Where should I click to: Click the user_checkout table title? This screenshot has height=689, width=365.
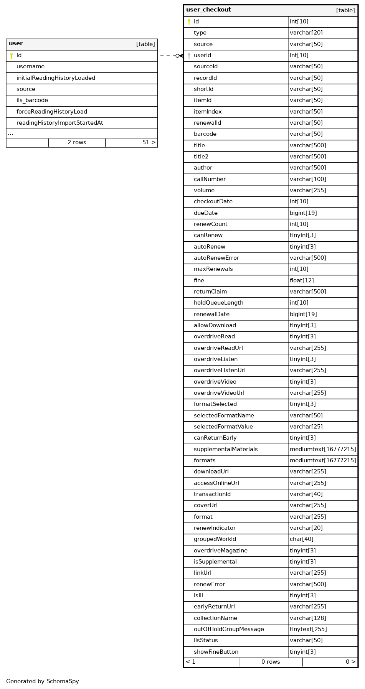(x=208, y=10)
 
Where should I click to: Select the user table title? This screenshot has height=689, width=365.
(x=16, y=44)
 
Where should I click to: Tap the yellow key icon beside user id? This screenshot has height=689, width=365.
(x=12, y=56)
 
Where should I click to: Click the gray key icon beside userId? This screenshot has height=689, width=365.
(x=189, y=56)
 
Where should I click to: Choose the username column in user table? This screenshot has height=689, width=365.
(x=30, y=67)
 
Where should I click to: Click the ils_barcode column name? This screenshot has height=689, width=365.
(x=32, y=101)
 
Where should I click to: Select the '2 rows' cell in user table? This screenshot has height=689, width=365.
(x=77, y=143)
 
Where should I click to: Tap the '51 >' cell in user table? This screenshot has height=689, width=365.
(x=149, y=143)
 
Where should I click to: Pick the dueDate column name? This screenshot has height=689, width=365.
(x=205, y=213)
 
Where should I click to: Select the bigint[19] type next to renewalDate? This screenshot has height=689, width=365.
(x=303, y=315)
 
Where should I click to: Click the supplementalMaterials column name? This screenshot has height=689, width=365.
(x=226, y=450)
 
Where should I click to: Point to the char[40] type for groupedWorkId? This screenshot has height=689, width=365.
(x=301, y=539)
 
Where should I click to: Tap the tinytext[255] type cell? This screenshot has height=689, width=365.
(x=308, y=630)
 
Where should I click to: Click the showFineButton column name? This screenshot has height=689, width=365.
(x=216, y=652)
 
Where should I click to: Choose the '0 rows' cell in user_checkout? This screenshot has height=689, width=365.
(x=271, y=662)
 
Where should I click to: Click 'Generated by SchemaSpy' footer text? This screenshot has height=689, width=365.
(x=42, y=682)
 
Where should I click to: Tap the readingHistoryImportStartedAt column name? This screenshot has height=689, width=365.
(x=59, y=123)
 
